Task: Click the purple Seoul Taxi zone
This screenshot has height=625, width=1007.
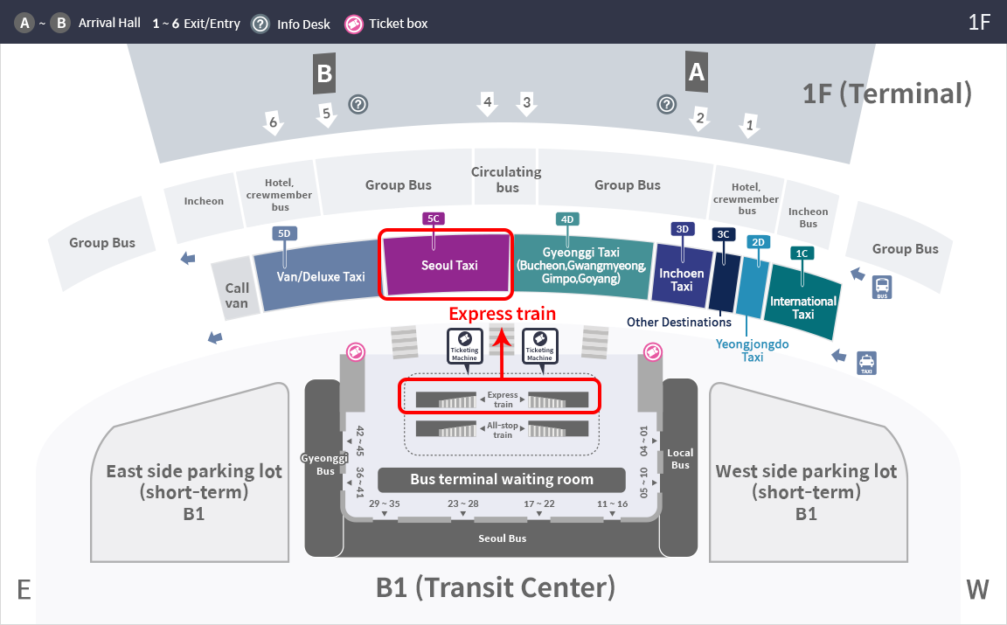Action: (x=448, y=265)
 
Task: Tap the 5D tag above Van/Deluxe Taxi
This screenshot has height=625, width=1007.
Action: (x=284, y=233)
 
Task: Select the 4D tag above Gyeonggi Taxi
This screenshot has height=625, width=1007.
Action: (x=567, y=219)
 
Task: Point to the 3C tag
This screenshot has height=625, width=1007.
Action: (x=723, y=234)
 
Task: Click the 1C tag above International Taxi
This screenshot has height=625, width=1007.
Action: (x=802, y=253)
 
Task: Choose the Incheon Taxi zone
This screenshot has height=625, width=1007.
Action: (x=682, y=275)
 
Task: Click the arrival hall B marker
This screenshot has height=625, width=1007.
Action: (x=324, y=74)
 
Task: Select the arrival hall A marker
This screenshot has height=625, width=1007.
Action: (x=697, y=72)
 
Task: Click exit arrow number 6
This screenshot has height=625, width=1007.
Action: (x=274, y=122)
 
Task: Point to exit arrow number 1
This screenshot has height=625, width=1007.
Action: (x=749, y=125)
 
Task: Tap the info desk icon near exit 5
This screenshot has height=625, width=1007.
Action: (x=358, y=104)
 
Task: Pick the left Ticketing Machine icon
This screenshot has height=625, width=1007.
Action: (x=464, y=346)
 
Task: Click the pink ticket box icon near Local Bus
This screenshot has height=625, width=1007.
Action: (x=652, y=352)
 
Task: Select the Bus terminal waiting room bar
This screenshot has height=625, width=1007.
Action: (x=502, y=479)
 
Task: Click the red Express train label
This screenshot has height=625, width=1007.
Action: (x=503, y=314)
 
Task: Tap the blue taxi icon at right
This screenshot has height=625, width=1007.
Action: (x=866, y=363)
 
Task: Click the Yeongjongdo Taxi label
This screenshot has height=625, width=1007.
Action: (x=752, y=350)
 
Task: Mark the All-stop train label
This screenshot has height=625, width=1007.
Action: (x=503, y=430)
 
